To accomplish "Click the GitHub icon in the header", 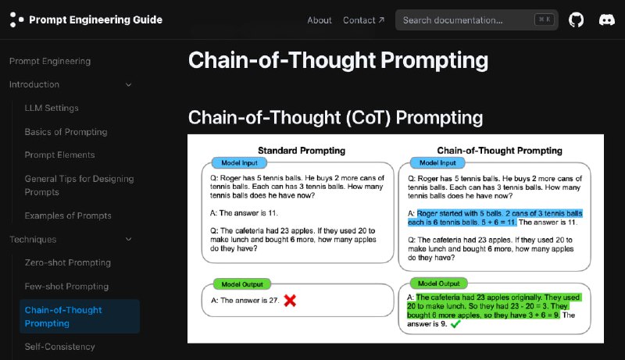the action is (x=576, y=20).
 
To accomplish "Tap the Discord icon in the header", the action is (x=607, y=20).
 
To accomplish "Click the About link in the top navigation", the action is (x=320, y=20).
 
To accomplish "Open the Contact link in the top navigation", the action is (x=363, y=20).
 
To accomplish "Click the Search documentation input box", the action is (x=477, y=20).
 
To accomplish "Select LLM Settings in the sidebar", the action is (x=52, y=108).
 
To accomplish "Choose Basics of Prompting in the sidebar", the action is (x=66, y=132).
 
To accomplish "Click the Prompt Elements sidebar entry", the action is (x=59, y=155).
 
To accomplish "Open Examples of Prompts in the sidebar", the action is (x=68, y=216).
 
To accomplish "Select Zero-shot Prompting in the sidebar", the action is (x=68, y=262).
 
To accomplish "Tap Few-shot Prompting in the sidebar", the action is (x=66, y=287).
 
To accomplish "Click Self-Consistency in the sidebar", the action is (x=60, y=347).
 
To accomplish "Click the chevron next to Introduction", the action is (x=128, y=84).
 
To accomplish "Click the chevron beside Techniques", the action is (x=128, y=239).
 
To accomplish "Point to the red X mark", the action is (x=290, y=301).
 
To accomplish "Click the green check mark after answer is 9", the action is (x=455, y=324).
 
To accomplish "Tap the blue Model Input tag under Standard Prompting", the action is (x=239, y=163).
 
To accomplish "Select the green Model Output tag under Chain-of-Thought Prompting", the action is (x=438, y=283).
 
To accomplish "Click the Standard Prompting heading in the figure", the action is (x=302, y=151).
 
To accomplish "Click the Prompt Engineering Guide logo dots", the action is (x=16, y=20).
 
